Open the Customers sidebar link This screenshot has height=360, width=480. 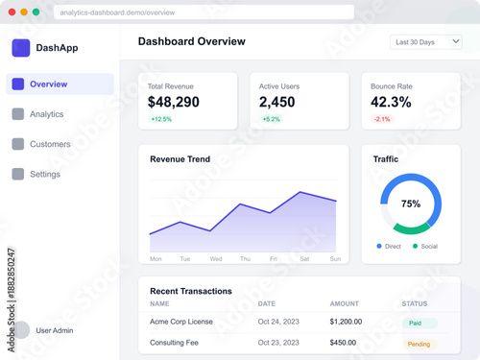(x=50, y=144)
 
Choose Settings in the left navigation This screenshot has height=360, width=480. (x=44, y=174)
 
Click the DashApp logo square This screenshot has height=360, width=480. (x=21, y=48)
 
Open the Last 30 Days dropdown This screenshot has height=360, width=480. (x=426, y=42)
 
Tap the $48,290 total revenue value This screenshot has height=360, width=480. (x=174, y=102)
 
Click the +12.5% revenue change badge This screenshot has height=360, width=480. (x=160, y=120)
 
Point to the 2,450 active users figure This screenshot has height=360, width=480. (x=277, y=102)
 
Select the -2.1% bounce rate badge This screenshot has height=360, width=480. (x=382, y=120)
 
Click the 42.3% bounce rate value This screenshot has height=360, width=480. (x=391, y=102)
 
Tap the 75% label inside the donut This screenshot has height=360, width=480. (x=411, y=204)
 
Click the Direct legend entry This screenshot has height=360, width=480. (x=389, y=247)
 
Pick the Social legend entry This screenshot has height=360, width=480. (x=425, y=247)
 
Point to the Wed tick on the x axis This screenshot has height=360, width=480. (x=216, y=259)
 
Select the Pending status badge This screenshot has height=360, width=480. (x=420, y=344)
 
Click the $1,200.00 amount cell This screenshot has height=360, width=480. (x=346, y=323)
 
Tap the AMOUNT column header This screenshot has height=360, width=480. (x=345, y=304)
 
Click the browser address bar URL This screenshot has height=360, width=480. (x=116, y=12)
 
